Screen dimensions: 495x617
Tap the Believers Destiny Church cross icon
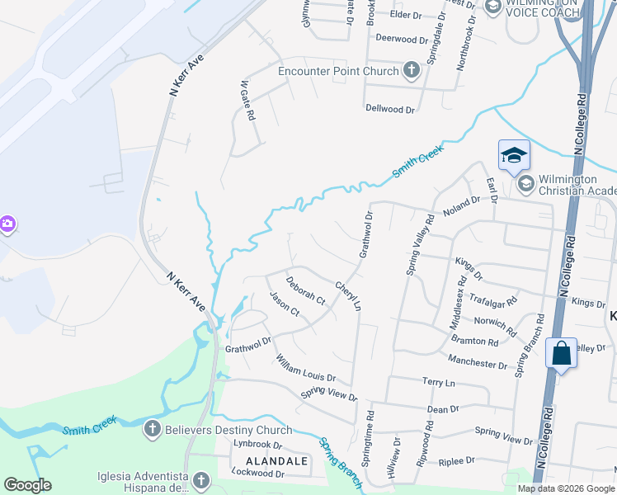point(151,429)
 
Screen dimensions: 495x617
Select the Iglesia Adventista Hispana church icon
point(200,480)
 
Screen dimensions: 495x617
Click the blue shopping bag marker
point(561,354)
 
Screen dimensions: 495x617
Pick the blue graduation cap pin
point(512,155)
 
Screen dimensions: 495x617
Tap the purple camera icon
point(7,224)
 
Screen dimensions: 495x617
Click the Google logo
point(27,485)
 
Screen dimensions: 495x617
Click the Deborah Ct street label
point(306,290)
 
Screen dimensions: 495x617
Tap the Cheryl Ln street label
point(348,296)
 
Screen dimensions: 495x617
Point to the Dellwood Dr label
point(390,109)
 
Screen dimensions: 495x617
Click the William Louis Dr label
point(306,368)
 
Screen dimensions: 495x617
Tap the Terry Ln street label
point(438,383)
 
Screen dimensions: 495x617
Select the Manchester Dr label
point(478,363)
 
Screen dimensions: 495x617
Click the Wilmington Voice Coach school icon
point(493,8)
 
